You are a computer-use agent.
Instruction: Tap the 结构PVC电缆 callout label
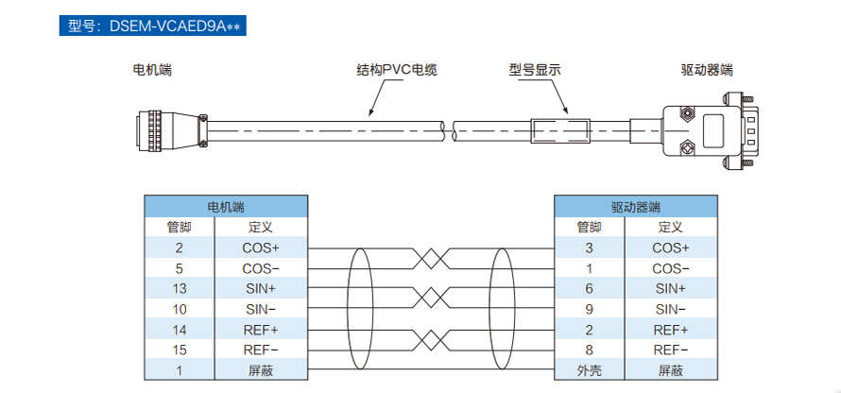click(397, 70)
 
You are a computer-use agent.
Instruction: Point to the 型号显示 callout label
click(535, 70)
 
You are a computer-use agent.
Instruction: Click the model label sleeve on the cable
click(559, 130)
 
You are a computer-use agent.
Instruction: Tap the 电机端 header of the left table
click(226, 206)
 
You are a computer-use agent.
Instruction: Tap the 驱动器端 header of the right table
click(636, 206)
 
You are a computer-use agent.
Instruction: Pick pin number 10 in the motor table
click(180, 309)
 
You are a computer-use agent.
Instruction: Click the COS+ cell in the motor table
click(261, 248)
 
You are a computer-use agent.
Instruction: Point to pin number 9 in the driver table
click(589, 309)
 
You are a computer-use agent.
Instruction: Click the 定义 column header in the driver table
click(671, 227)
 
